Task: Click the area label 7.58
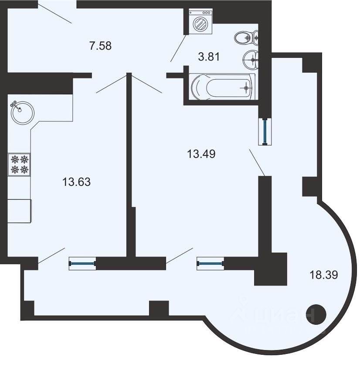(100, 46)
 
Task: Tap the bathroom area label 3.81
(209, 57)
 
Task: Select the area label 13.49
(201, 154)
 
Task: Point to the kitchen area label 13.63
(76, 182)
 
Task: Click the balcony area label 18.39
(324, 275)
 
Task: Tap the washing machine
(201, 22)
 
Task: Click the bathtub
(222, 87)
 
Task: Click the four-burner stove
(19, 164)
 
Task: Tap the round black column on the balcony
(316, 314)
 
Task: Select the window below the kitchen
(82, 263)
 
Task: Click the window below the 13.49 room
(211, 263)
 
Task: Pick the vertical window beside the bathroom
(265, 132)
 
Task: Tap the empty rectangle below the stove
(20, 211)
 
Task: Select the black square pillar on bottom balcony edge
(159, 308)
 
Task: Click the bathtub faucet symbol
(246, 88)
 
